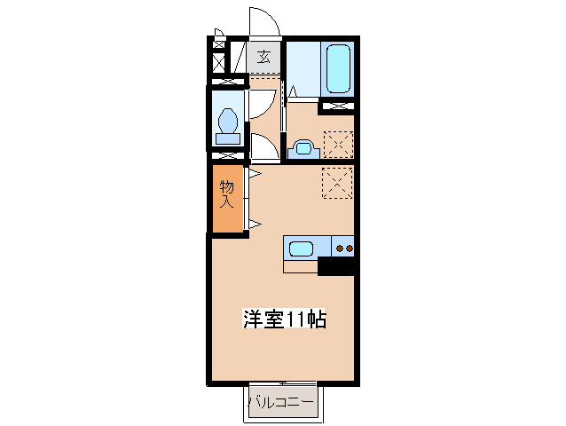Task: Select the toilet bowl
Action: coord(228,121)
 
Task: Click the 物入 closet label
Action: coord(227,194)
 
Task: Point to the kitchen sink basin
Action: coord(299,247)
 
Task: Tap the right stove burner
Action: coord(350,248)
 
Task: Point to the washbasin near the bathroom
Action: coord(300,147)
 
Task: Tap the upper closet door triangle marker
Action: coord(254,175)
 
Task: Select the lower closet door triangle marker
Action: coord(254,222)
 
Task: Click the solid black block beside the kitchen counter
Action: coord(336,265)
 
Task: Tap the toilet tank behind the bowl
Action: coord(228,138)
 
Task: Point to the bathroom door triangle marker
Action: coord(293,90)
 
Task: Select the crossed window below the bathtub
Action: coord(337,106)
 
